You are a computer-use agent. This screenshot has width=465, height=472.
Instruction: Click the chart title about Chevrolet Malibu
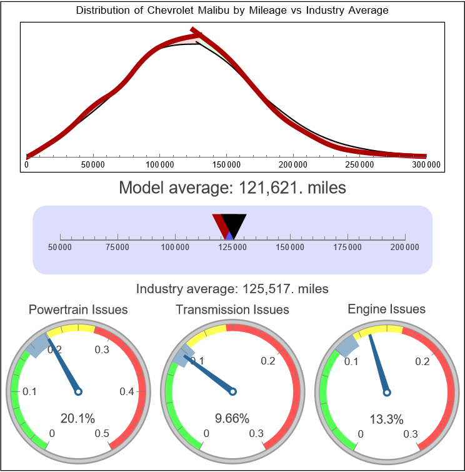click(232, 10)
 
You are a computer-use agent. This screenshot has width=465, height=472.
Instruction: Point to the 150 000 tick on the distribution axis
click(226, 164)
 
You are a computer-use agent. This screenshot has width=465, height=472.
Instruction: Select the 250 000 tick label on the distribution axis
click(359, 164)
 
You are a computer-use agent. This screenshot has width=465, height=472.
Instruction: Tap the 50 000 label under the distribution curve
click(93, 164)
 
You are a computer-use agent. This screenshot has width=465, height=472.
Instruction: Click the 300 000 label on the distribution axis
click(426, 164)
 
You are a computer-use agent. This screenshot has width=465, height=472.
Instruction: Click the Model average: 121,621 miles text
click(232, 188)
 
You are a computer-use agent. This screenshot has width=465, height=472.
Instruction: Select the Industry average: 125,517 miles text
click(232, 289)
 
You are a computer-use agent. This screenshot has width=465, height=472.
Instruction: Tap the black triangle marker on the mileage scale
click(234, 223)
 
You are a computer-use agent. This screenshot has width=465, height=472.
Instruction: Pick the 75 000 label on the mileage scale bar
click(117, 248)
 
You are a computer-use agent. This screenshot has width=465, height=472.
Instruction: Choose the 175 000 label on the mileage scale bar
click(347, 248)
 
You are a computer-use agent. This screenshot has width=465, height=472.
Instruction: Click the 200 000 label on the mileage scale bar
click(405, 248)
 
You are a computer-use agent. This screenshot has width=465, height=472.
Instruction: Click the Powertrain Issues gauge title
click(78, 309)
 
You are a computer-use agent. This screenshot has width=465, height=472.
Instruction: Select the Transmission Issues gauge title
click(232, 309)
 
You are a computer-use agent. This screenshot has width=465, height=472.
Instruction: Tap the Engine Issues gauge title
click(386, 309)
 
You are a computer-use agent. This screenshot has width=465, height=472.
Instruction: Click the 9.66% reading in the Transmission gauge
click(232, 418)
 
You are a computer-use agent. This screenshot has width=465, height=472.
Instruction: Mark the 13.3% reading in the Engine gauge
click(387, 418)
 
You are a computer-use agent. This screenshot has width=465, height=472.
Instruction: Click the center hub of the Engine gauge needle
click(387, 392)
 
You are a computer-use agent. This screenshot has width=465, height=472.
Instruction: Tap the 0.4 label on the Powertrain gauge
click(127, 392)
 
